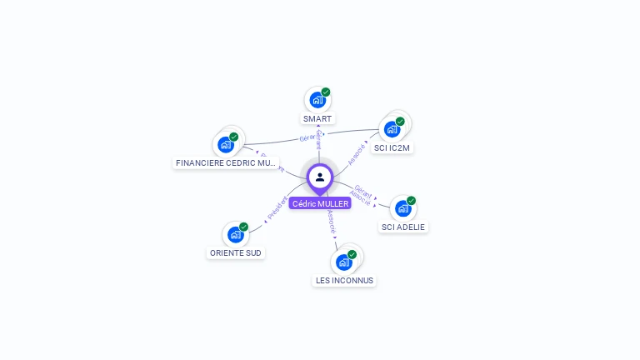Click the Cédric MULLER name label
click(320, 203)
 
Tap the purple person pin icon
click(320, 177)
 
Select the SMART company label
click(317, 119)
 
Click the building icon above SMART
click(317, 100)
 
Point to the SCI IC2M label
click(392, 148)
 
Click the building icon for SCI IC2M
click(392, 129)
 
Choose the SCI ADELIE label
click(403, 227)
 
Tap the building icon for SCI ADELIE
click(402, 208)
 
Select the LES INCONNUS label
click(344, 281)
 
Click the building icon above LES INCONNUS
click(343, 262)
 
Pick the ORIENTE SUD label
click(236, 252)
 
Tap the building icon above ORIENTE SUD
click(235, 235)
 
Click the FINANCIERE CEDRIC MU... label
click(226, 163)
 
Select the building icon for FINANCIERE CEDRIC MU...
click(225, 144)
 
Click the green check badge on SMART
click(326, 92)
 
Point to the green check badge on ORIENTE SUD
click(244, 227)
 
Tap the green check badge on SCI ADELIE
click(412, 200)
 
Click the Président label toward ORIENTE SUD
click(277, 207)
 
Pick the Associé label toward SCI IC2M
click(357, 153)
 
